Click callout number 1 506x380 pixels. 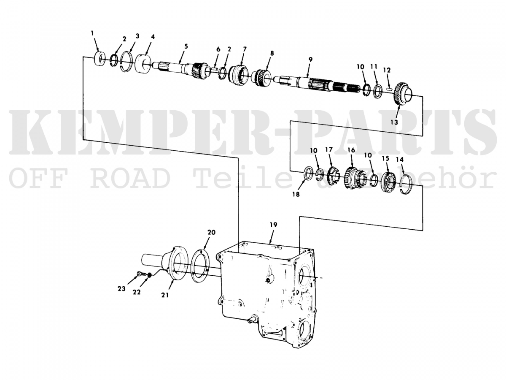(92, 33)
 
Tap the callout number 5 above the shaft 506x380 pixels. (186, 46)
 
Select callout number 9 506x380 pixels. (310, 60)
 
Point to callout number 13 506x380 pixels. (394, 122)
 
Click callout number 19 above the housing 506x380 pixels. (273, 225)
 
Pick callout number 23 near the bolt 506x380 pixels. (121, 289)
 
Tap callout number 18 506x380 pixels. (296, 195)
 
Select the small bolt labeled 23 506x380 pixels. (140, 274)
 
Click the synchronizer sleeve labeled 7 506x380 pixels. (238, 74)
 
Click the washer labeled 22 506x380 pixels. (149, 275)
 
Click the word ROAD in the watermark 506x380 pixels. (129, 178)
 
